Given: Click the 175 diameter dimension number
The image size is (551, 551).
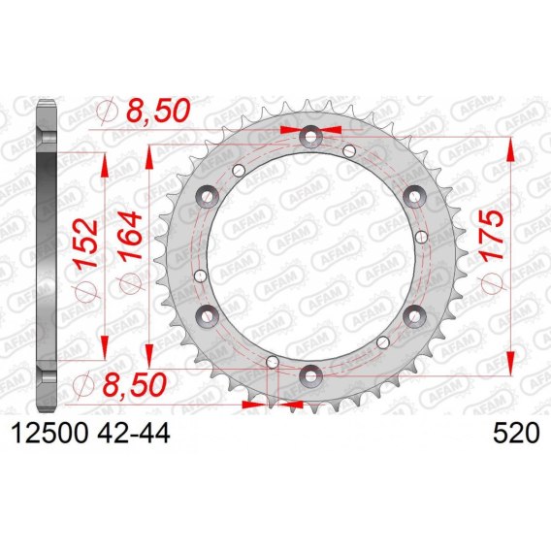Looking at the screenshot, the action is pos(492,236).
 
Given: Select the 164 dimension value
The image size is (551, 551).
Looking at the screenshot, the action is pos(131,235).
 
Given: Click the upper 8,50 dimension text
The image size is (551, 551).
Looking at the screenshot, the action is pos(158,111).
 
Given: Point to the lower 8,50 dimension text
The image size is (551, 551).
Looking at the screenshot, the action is pos(134,384).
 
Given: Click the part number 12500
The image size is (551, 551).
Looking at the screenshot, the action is pos(49,433).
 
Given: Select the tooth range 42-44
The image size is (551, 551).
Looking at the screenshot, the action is pos(134,433).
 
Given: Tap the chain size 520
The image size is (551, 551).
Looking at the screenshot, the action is pos(516,433).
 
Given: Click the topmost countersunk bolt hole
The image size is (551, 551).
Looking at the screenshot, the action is pos(310,137).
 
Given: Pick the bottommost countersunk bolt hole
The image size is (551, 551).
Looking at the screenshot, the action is pos(310,376).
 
